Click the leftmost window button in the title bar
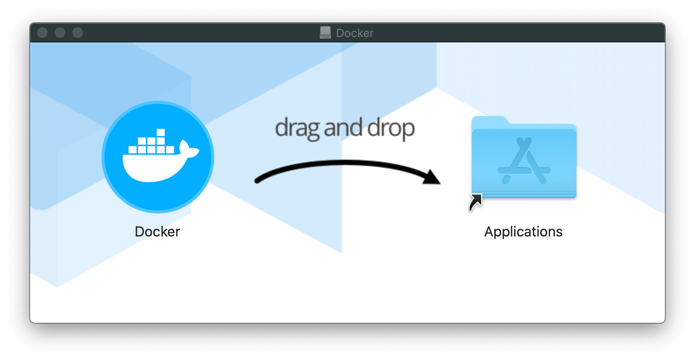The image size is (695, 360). (x=42, y=33)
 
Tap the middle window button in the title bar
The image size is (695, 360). (x=60, y=33)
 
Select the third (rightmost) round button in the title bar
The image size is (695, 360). (x=78, y=33)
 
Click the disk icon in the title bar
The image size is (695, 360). (x=325, y=33)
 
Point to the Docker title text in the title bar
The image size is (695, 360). (x=355, y=33)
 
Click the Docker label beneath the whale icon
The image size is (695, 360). (x=157, y=232)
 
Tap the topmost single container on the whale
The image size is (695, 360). (x=161, y=132)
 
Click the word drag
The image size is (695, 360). (x=297, y=128)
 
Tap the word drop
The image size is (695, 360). (x=391, y=128)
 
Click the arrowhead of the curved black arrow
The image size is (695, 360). (x=432, y=177)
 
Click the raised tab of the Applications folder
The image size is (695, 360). (x=489, y=120)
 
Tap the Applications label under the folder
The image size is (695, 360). (x=523, y=232)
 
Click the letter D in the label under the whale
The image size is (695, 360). (x=139, y=232)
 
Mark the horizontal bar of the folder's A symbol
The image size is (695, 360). (x=524, y=170)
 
